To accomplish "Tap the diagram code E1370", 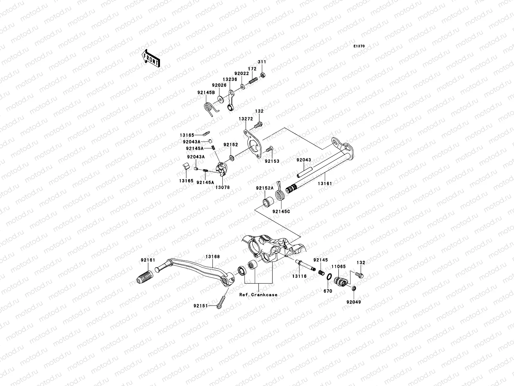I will click(x=359, y=46).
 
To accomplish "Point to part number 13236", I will click(x=229, y=78).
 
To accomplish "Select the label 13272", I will click(x=243, y=119).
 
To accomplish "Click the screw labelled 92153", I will click(x=269, y=150).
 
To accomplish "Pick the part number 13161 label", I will click(x=325, y=183).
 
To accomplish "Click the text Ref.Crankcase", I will click(x=258, y=295).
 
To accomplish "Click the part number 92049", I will click(x=353, y=302).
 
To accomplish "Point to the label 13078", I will click(x=222, y=187).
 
